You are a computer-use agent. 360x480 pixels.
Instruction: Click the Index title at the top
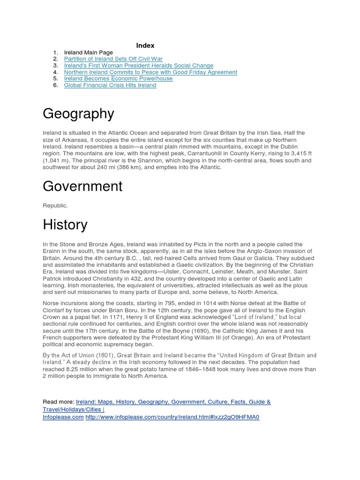coord(145,45)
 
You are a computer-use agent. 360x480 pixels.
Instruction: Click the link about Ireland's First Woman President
coord(138,66)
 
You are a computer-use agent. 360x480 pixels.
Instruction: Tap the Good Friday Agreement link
coord(150,72)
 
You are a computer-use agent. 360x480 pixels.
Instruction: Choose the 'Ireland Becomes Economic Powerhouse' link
coord(118,79)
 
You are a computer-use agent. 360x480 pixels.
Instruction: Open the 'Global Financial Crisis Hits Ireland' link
coord(110,85)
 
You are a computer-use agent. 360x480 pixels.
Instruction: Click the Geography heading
coord(78,114)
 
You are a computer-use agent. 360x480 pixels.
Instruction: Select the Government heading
coord(82,187)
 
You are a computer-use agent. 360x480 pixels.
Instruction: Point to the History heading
coord(65,225)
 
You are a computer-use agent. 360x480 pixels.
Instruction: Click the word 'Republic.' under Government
coord(55,205)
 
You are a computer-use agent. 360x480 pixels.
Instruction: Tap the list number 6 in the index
coord(55,85)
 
